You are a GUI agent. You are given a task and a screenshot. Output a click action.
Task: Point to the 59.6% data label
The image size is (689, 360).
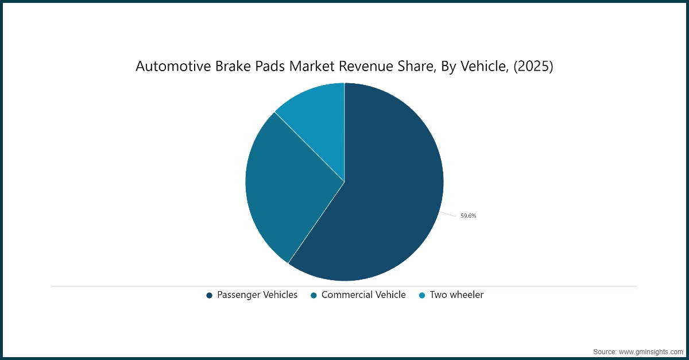coord(468,216)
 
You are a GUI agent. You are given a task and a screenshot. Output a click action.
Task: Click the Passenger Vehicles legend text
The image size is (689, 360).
coord(257,295)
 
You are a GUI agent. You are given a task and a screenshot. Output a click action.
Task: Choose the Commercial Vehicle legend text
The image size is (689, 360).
coord(363,295)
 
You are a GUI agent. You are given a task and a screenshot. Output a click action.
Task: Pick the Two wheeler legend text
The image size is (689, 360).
coord(456,295)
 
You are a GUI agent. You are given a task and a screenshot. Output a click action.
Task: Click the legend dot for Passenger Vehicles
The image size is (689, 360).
coord(210,295)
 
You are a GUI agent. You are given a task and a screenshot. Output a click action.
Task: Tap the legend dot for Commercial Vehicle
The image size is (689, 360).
coord(314,295)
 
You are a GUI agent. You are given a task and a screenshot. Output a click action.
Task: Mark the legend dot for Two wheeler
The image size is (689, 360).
coord(422,295)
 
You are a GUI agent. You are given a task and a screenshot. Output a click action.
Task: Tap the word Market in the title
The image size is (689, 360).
coord(310,67)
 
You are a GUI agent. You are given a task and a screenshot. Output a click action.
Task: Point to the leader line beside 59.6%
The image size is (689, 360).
coord(448,214)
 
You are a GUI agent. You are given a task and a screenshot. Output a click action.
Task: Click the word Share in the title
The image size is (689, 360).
coord(412,67)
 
